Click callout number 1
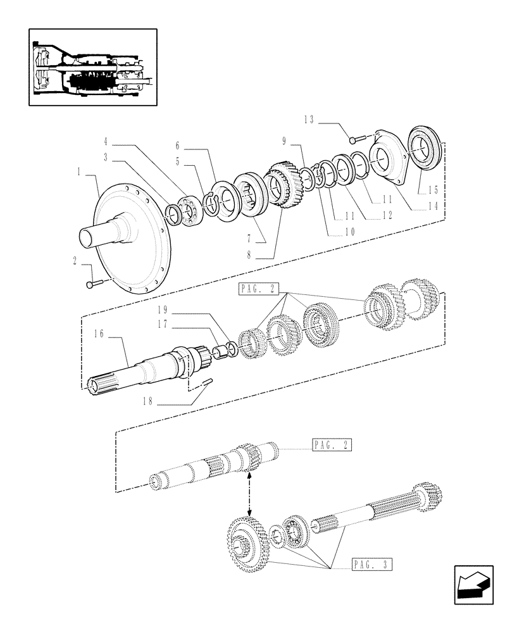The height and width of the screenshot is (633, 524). [79, 171]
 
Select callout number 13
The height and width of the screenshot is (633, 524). [309, 119]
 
